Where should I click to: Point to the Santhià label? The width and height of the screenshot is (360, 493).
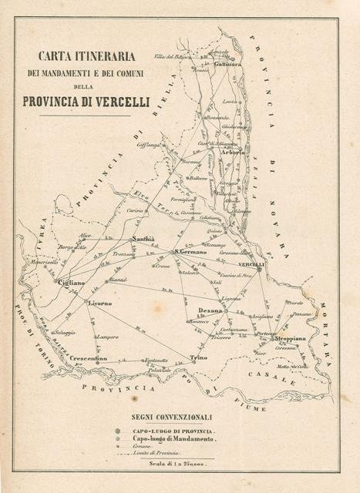pyautogui.click(x=145, y=240)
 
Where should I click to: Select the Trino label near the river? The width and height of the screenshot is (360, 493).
pyautogui.click(x=198, y=359)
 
